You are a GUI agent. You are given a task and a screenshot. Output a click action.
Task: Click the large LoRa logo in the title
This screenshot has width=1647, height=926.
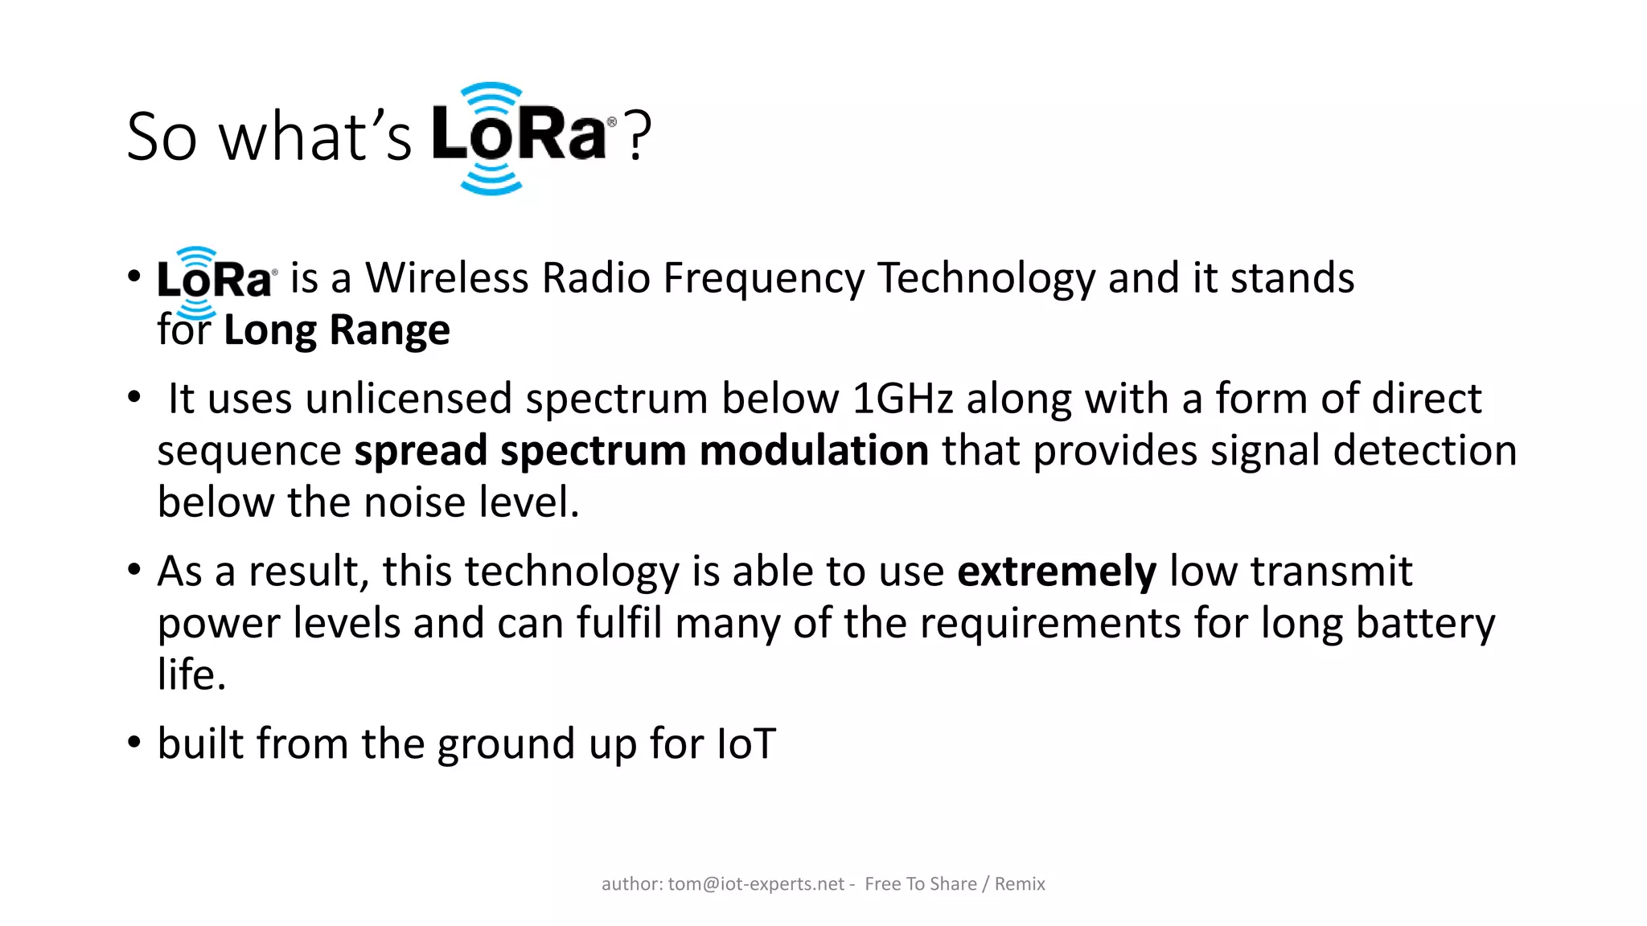pyautogui.click(x=521, y=137)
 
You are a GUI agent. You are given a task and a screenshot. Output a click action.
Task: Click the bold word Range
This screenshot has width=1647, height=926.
pyautogui.click(x=389, y=330)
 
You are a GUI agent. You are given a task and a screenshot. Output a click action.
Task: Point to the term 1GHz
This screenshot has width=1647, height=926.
pyautogui.click(x=902, y=399)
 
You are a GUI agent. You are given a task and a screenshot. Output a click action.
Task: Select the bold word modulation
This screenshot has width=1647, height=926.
pyautogui.click(x=814, y=451)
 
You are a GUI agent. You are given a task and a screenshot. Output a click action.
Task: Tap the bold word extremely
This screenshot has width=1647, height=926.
pyautogui.click(x=1056, y=572)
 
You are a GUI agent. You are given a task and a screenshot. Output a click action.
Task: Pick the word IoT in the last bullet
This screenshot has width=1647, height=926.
pyautogui.click(x=745, y=744)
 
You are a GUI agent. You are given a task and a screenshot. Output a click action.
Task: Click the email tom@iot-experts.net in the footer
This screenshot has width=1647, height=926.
pyautogui.click(x=756, y=884)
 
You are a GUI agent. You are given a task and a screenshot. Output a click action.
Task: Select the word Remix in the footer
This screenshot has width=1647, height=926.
pyautogui.click(x=1020, y=884)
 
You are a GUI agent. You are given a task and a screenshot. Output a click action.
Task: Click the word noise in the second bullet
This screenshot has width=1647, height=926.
pyautogui.click(x=415, y=502)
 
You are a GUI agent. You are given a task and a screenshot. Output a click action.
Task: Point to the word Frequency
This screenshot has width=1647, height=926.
pyautogui.click(x=764, y=278)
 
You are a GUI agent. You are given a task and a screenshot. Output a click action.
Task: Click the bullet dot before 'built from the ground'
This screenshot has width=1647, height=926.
pyautogui.click(x=134, y=742)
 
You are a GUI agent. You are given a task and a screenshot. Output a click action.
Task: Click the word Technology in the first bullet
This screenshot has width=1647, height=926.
pyautogui.click(x=986, y=278)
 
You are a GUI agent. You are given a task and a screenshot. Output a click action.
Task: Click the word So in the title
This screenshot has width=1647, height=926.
pyautogui.click(x=162, y=137)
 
